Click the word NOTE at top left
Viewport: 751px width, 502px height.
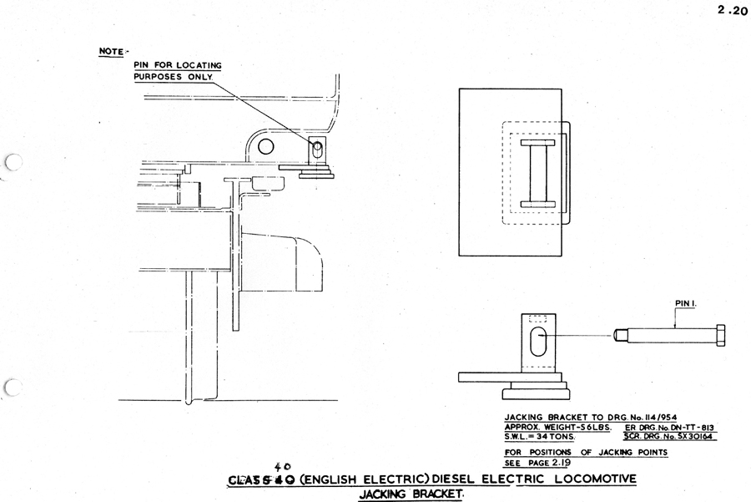pyautogui.click(x=110, y=52)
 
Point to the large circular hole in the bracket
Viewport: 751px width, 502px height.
pyautogui.click(x=266, y=147)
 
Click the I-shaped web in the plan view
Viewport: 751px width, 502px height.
pyautogui.click(x=533, y=173)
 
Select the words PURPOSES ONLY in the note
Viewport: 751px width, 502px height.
pyautogui.click(x=173, y=77)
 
